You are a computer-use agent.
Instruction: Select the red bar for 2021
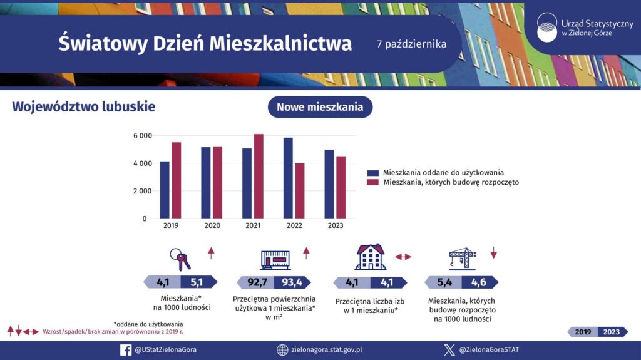pyautogui.click(x=259, y=177)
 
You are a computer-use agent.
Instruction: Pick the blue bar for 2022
pyautogui.click(x=288, y=178)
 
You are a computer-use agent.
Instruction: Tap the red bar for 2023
pyautogui.click(x=341, y=187)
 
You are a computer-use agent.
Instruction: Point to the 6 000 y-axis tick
pyautogui.click(x=143, y=136)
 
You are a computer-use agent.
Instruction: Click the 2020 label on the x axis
pyautogui.click(x=212, y=225)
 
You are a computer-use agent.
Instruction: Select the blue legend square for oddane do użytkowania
pyautogui.click(x=373, y=172)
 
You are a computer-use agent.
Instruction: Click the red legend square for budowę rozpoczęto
pyautogui.click(x=373, y=182)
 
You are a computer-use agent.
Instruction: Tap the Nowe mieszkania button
pyautogui.click(x=320, y=107)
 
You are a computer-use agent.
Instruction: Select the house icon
pyautogui.click(x=371, y=257)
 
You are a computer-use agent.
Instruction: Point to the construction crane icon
pyautogui.click(x=462, y=258)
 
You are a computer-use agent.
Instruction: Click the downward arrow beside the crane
pyautogui.click(x=493, y=253)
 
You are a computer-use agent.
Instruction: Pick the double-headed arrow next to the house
pyautogui.click(x=403, y=257)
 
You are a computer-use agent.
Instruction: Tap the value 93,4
pyautogui.click(x=292, y=282)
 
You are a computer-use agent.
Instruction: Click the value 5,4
pyautogui.click(x=444, y=282)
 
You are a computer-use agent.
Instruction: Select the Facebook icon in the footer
pyautogui.click(x=126, y=350)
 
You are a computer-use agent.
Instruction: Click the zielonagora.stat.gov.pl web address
pyautogui.click(x=327, y=350)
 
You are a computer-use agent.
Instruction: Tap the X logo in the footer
pyautogui.click(x=449, y=350)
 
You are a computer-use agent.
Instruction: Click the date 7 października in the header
pyautogui.click(x=411, y=44)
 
